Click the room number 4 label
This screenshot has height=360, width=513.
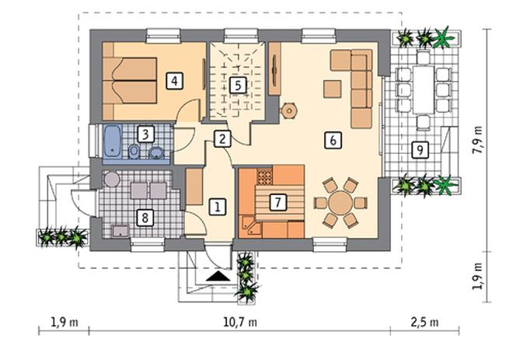coord(174,81)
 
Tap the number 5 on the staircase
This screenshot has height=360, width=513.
coord(238,86)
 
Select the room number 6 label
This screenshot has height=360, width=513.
coord(333,141)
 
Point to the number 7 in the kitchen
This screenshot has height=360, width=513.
coord(277,202)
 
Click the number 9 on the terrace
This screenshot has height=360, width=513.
coord(420,150)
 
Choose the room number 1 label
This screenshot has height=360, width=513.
coord(217,207)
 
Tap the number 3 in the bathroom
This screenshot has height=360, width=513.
coord(145,134)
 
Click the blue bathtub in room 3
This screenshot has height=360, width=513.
coord(113,142)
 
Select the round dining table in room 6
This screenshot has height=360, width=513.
coord(340,203)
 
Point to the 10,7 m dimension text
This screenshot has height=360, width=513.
coord(240,323)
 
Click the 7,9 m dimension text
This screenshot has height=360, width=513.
coord(478,139)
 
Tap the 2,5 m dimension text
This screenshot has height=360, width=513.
coord(424,323)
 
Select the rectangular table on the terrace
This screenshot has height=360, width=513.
coord(424,89)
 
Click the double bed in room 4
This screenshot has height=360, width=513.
coord(130,81)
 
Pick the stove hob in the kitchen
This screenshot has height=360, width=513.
coord(264,176)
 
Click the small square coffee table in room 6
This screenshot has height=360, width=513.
coord(333,89)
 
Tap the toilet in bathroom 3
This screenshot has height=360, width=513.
coord(134,152)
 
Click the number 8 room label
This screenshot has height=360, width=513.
coord(145,217)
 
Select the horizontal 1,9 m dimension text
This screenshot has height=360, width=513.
coord(65,323)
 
